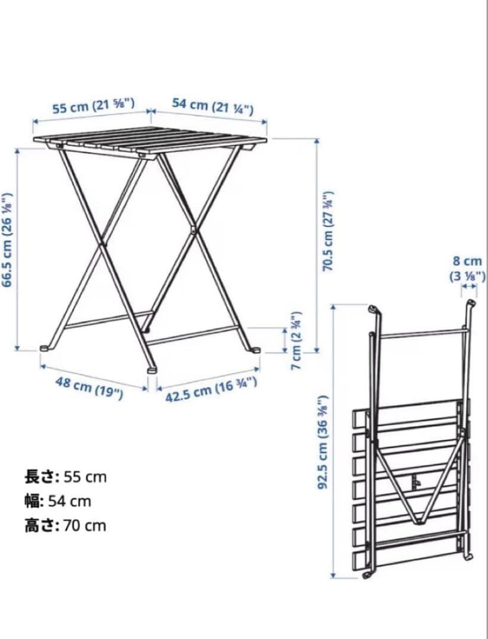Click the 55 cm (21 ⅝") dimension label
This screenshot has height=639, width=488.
tap(94, 106)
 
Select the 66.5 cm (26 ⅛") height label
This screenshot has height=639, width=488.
tap(8, 239)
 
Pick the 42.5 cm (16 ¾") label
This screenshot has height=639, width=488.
tap(211, 390)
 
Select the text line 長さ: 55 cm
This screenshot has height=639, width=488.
tap(65, 476)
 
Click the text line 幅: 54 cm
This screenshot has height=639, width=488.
tap(57, 501)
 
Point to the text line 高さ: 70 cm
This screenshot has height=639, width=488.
tap(65, 525)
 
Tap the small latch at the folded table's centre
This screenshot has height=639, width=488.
tap(417, 481)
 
